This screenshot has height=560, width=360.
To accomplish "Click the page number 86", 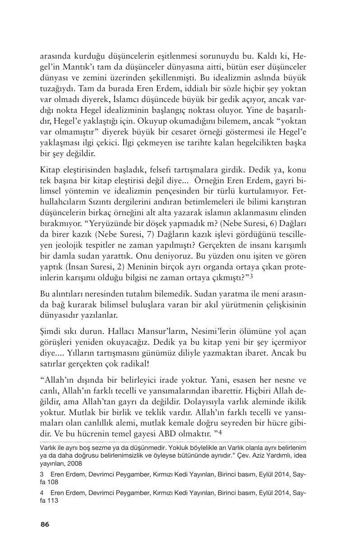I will (45, 524).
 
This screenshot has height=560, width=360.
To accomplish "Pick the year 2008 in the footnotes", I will (75, 463).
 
